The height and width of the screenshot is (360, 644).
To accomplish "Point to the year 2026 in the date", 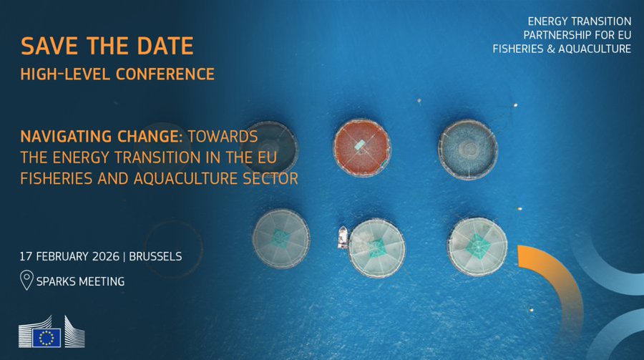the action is (106, 256).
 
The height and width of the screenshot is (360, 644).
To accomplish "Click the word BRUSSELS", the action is (155, 256).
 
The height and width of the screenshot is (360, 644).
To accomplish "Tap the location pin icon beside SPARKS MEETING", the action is (26, 280).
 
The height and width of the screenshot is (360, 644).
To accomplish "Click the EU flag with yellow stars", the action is (47, 338).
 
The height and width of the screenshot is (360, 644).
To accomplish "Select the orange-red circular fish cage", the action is (361, 148).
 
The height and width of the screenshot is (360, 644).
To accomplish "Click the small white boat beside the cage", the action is (343, 238).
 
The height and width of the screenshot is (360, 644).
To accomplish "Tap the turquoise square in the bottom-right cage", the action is (477, 245).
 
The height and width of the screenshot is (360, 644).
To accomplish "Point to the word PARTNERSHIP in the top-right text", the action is (556, 35).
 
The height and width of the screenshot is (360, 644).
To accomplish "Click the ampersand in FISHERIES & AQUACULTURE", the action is (551, 49).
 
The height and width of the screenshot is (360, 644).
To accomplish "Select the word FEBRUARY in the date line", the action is (62, 256).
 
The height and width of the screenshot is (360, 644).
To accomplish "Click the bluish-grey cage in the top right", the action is (468, 150).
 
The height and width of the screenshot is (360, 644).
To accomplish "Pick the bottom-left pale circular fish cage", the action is (281, 239).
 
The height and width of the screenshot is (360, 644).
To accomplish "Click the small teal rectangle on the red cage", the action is (359, 145).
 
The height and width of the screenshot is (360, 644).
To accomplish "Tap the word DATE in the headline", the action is (165, 46).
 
